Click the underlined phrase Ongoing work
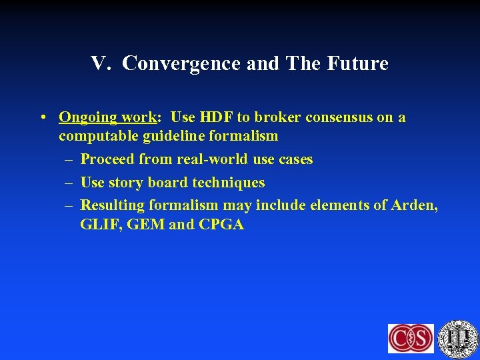(x=107, y=118)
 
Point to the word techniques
(x=227, y=183)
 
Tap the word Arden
(x=415, y=205)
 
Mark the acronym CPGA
(x=221, y=225)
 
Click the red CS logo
(x=411, y=338)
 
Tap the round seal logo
(x=458, y=338)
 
